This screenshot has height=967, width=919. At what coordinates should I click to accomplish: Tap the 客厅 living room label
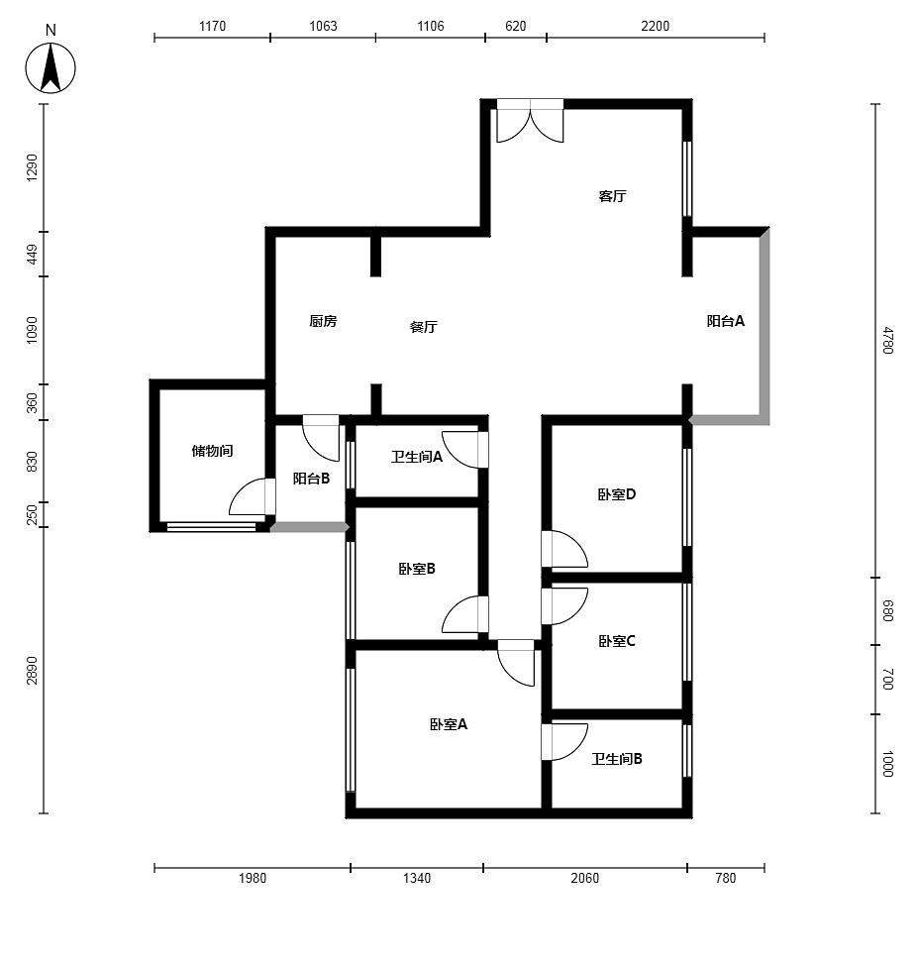pos(612,196)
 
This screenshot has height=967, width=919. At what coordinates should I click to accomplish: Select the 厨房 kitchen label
pos(323,321)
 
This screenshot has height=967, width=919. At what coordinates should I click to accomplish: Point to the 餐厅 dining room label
pos(424,327)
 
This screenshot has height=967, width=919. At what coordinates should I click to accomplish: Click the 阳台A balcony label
pos(726,321)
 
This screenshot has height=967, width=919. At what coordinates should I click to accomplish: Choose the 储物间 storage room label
pos(212,451)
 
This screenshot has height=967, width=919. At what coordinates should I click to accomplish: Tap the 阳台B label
pos(311,479)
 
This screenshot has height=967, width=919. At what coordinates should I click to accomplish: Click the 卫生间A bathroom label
pos(417,457)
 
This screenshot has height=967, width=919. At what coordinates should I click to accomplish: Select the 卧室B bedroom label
pos(417,569)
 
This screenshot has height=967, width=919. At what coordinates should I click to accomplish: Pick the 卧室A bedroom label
pos(448,724)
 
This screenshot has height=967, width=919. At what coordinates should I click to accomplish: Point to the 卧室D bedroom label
pos(616,494)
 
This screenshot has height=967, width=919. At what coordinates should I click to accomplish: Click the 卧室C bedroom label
pos(616,641)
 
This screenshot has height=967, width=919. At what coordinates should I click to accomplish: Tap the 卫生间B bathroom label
pos(616,759)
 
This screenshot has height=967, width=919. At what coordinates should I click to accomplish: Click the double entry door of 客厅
pos(530,121)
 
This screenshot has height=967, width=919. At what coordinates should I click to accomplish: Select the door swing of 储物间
pos(252,496)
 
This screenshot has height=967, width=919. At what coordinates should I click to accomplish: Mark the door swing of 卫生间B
pos(564,742)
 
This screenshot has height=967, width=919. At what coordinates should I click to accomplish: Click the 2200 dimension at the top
pos(655,26)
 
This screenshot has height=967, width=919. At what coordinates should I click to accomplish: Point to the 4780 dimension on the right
pos(887,340)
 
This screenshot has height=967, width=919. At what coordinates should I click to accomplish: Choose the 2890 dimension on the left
pos(32,671)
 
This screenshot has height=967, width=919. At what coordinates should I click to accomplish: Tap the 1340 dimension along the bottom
pos(417,878)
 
